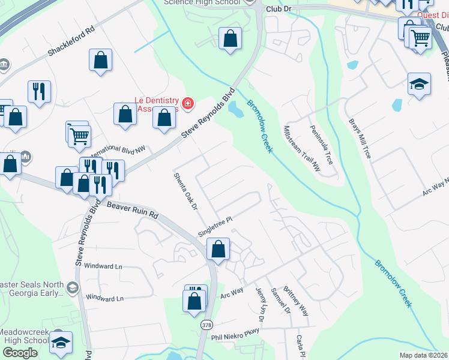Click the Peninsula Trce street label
(x=321, y=145)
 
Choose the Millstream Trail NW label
(x=302, y=149)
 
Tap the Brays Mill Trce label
(x=360, y=138)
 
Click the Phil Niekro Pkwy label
(x=235, y=334)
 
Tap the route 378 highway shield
(x=206, y=325)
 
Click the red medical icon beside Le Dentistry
(x=188, y=104)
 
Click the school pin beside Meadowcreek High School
(x=61, y=343)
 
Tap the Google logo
(x=20, y=353)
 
